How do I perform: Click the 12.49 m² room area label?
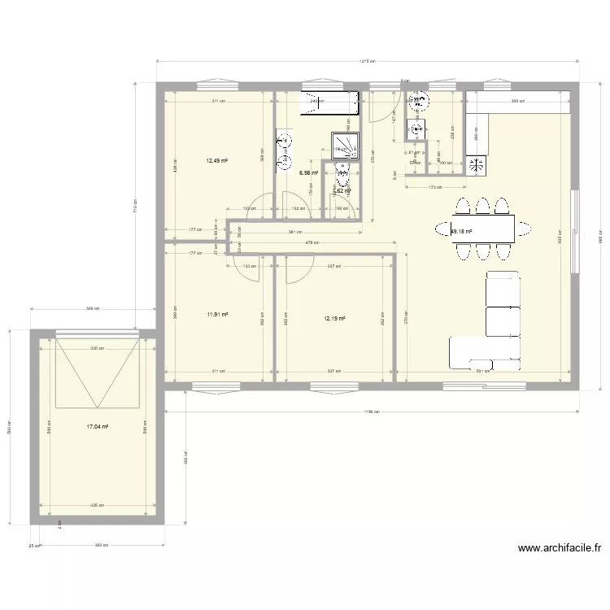pos(216,161)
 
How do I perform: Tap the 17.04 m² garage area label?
pos(98,425)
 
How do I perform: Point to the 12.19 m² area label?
pos(334,319)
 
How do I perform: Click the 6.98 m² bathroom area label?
pos(308,173)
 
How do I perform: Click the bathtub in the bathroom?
pos(329,102)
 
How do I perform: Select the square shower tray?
pos(344,145)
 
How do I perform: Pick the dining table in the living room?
pos(483,229)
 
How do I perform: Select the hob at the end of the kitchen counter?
pos(476,165)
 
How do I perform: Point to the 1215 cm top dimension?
pos(367,62)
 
